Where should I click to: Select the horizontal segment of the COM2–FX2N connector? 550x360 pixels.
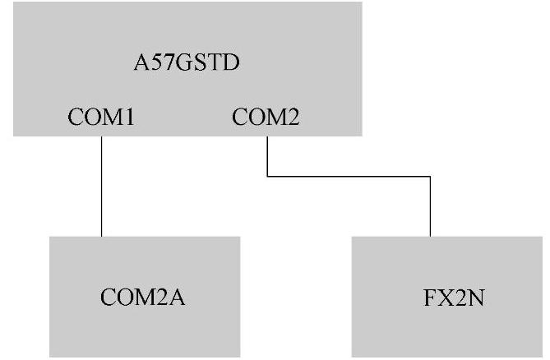coord(349,175)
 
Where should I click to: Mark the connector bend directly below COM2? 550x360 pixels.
coord(268,175)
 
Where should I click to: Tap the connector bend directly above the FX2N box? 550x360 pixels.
coord(430,175)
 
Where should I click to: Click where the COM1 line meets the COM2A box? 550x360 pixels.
coord(101,237)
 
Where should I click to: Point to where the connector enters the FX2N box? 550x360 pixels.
coord(430,237)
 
